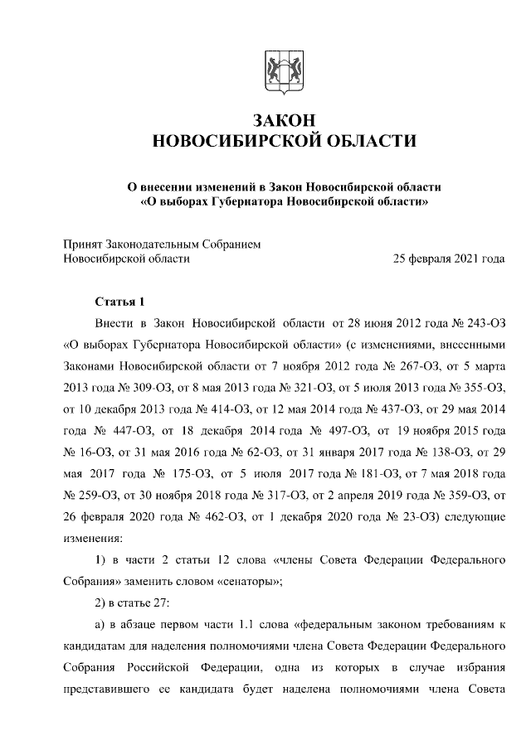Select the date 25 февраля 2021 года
pyautogui.click(x=449, y=259)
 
